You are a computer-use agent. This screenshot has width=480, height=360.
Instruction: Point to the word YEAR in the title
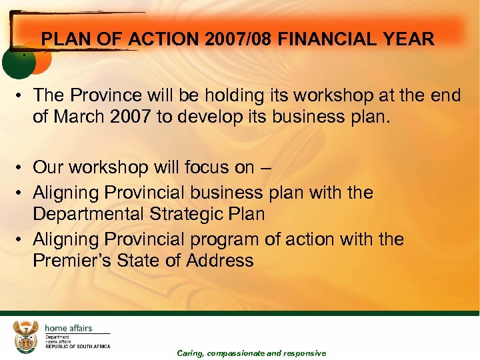click(410, 39)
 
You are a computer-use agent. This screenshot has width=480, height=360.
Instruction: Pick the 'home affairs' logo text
click(69, 327)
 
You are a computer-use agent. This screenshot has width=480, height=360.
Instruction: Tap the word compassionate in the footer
click(244, 353)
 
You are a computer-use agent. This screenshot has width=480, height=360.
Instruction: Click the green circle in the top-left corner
click(16, 64)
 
